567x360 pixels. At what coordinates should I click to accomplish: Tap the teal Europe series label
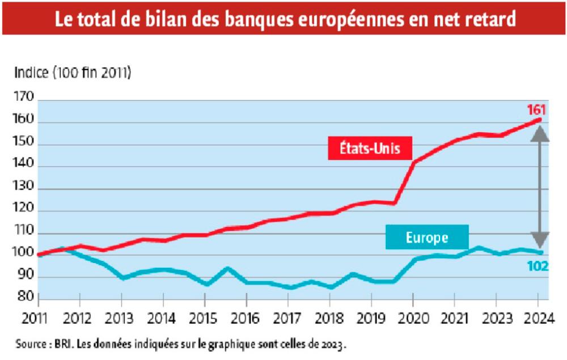click(x=427, y=238)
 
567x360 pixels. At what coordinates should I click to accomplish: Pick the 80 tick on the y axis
click(x=24, y=299)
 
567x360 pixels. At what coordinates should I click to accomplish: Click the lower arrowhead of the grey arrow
click(x=540, y=240)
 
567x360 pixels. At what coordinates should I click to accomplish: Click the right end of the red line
click(x=540, y=120)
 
